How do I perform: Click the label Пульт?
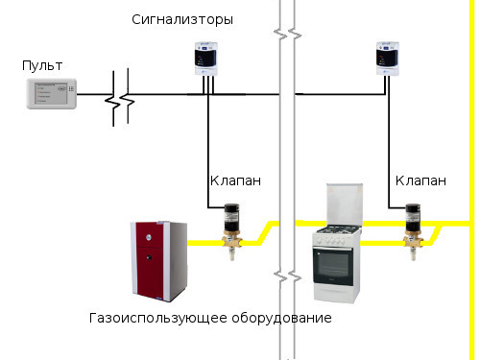(x=42, y=65)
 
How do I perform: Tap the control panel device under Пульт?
(x=52, y=94)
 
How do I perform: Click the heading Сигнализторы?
(x=182, y=20)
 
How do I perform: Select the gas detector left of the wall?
(x=206, y=59)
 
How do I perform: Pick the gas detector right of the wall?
(x=388, y=59)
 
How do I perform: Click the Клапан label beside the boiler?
(x=235, y=180)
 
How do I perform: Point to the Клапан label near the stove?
(x=420, y=180)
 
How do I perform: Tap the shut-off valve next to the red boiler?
(x=232, y=231)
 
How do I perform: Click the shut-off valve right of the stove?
(x=413, y=231)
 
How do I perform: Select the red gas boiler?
(x=159, y=261)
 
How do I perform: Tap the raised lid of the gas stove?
(x=345, y=204)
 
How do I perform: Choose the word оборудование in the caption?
(x=281, y=318)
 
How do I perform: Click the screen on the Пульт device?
(x=52, y=94)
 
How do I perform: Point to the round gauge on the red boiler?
(x=149, y=237)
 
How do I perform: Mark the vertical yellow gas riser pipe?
(x=472, y=180)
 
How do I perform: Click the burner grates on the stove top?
(x=338, y=229)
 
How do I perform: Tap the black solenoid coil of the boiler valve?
(x=232, y=217)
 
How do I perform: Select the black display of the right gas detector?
(x=387, y=58)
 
